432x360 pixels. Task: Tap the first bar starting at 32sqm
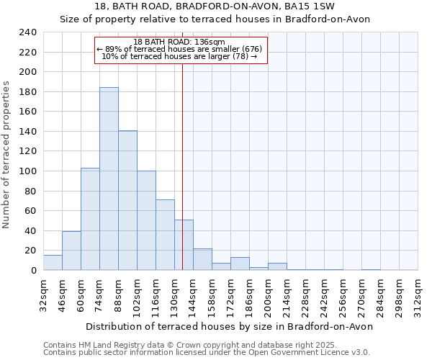coord(53,263)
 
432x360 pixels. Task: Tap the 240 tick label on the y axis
coord(28,32)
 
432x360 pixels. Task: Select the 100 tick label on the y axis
coord(28,171)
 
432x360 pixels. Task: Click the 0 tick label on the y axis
coord(34,271)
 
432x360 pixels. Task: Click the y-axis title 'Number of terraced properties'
coord(6,155)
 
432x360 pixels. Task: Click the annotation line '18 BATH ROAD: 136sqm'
coord(179,42)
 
